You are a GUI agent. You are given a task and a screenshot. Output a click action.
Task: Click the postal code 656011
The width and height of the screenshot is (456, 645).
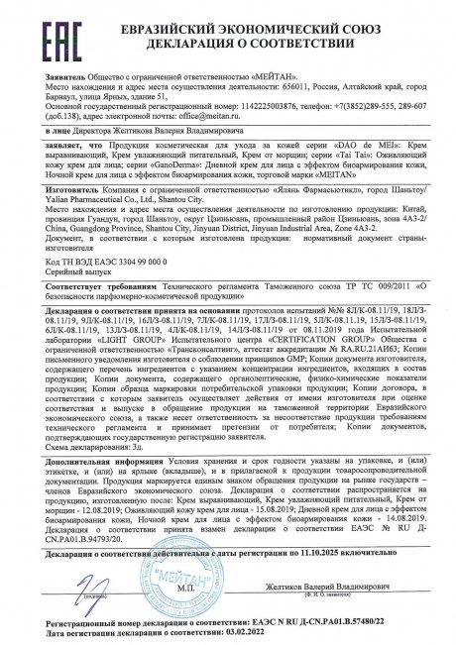click(x=281, y=82)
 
